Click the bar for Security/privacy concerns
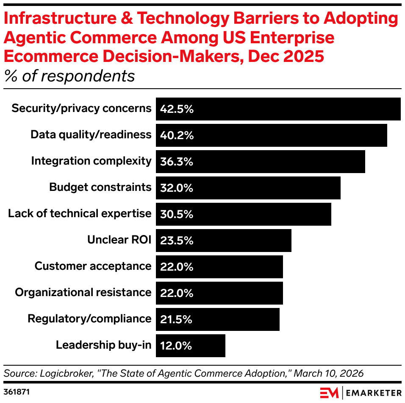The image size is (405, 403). click(278, 109)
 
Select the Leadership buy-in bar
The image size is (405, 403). click(191, 346)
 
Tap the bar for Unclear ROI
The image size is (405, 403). click(224, 241)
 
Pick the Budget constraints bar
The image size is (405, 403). click(248, 188)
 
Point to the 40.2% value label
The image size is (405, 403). click(177, 135)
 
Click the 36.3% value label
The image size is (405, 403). click(177, 162)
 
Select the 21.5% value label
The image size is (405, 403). click(176, 319)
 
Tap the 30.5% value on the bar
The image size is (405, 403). click(177, 214)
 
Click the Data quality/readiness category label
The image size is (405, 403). click(91, 134)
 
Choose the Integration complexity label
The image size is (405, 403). click(91, 161)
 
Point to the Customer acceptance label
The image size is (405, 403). click(93, 266)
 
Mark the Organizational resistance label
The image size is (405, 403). click(83, 292)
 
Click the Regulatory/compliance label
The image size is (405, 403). click(89, 319)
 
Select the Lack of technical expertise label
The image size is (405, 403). click(80, 213)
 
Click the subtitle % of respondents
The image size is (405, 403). click(69, 76)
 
